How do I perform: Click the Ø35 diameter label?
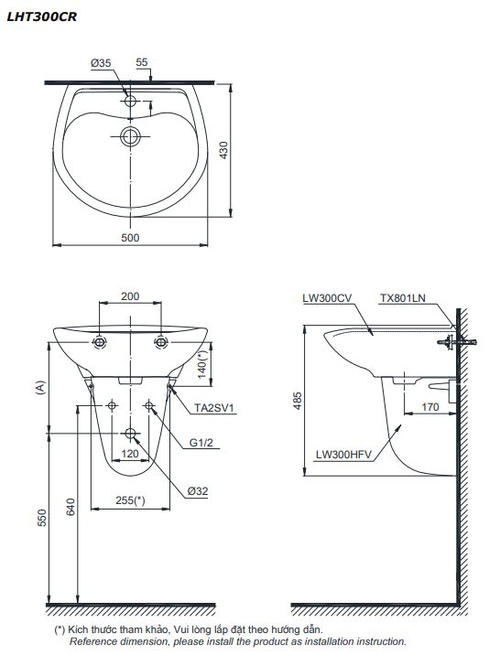coord(101,63)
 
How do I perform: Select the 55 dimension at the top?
coord(142,63)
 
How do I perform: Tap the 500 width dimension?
coord(130,238)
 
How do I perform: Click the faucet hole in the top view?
coord(130,101)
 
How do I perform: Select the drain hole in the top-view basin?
coord(130,138)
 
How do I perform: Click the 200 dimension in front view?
coord(130,296)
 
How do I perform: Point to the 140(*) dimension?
coord(204,365)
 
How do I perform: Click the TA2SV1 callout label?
coord(214,407)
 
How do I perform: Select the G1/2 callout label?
coord(201,443)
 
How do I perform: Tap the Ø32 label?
coord(198,491)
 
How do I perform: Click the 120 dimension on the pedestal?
coord(130,453)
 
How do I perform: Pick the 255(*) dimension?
coord(131,499)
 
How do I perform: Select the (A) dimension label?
coord(39,388)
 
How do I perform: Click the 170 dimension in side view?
coord(430,406)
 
